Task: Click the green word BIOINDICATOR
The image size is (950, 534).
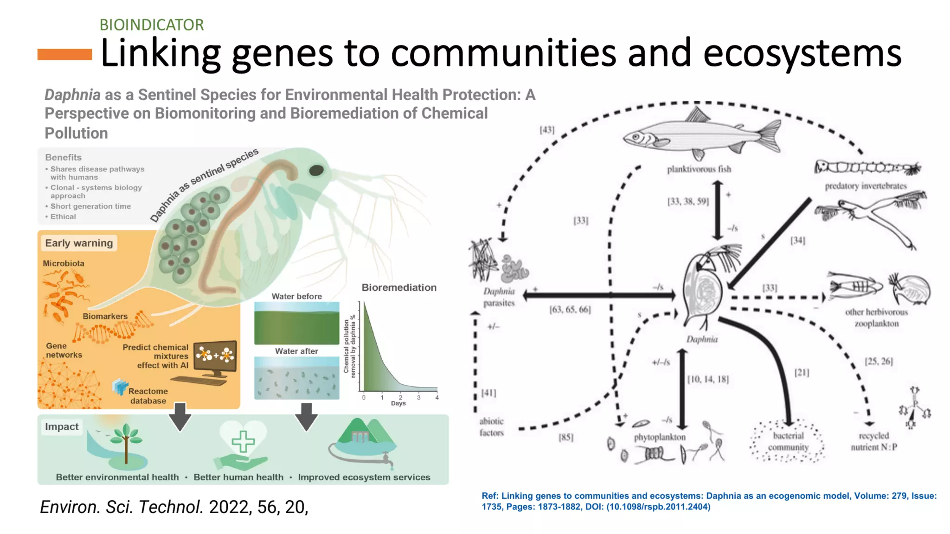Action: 152,25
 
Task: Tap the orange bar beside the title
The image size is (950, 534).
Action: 64,54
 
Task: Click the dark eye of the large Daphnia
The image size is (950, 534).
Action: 316,171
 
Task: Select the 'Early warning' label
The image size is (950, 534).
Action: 79,243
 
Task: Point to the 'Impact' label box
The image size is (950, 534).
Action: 62,427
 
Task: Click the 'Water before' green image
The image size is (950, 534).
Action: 296,323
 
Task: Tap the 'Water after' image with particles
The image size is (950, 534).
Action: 296,378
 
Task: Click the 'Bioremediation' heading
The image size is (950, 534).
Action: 399,287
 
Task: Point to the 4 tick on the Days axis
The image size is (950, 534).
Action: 436,397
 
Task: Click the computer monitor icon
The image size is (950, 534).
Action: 215,356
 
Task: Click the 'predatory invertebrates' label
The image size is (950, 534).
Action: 866,186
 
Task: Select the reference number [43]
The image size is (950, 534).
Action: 547,130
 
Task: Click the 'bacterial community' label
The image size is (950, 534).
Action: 788,441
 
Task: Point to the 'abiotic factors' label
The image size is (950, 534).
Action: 491,427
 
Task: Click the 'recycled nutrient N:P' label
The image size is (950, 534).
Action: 873,441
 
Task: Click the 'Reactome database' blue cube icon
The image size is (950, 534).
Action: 120,387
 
